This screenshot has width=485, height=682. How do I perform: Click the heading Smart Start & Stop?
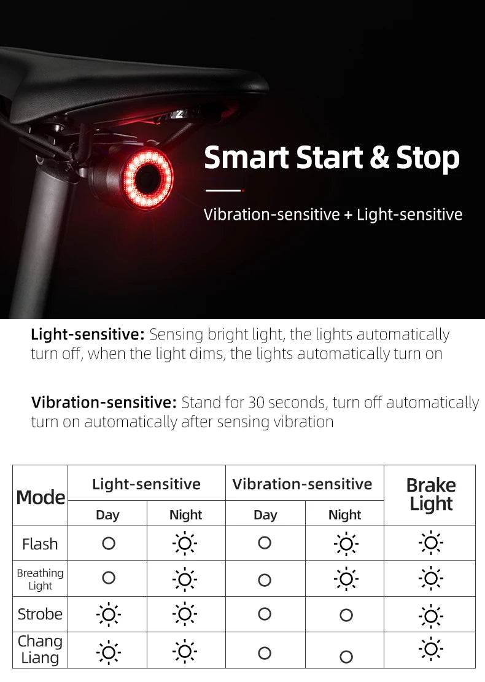(x=332, y=158)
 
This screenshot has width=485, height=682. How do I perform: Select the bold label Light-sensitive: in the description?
(x=87, y=335)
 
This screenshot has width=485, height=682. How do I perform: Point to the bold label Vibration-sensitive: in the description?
(x=104, y=403)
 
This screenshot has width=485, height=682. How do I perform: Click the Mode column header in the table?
(x=41, y=497)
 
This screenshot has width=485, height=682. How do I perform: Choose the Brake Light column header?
(x=431, y=495)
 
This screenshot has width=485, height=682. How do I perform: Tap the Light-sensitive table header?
(x=146, y=484)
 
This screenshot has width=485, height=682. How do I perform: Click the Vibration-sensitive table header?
(x=302, y=484)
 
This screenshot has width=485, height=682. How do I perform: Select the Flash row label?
(x=40, y=544)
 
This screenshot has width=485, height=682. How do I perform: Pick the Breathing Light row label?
(x=40, y=579)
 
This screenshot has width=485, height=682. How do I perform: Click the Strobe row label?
(x=40, y=614)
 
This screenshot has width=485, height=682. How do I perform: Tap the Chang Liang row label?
(x=40, y=649)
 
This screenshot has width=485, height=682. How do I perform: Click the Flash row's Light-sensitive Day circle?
(x=109, y=543)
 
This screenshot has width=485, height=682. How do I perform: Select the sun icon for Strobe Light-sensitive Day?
(x=109, y=614)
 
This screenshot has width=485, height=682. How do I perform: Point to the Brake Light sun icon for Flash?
(x=431, y=543)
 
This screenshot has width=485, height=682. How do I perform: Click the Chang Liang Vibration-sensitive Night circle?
(x=346, y=657)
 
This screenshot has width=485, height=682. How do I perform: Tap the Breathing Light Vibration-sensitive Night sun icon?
(x=346, y=579)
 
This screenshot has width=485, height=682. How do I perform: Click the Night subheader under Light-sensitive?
(x=185, y=514)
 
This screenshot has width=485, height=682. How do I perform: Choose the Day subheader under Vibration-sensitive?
(x=265, y=514)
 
